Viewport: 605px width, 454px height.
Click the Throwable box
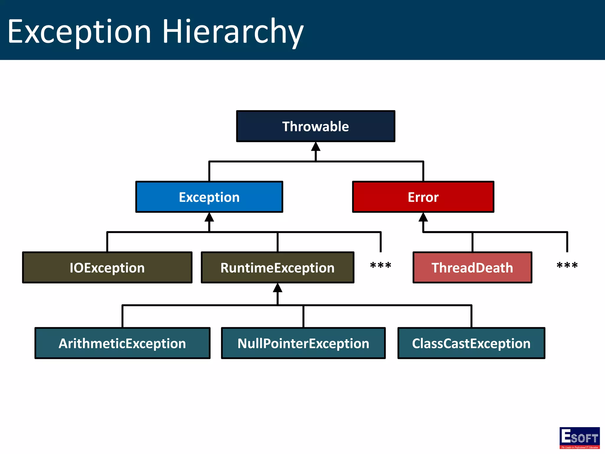(315, 126)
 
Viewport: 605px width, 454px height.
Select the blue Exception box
(209, 197)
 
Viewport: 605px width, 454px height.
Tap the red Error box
(423, 197)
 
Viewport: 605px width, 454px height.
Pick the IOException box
(107, 267)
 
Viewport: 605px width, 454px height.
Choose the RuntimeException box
(277, 267)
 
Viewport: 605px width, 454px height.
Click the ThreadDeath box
(472, 267)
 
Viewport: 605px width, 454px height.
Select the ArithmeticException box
(122, 343)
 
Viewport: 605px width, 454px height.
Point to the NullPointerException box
(303, 343)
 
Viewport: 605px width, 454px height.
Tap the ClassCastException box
(471, 343)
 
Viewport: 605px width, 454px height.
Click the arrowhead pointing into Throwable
(315, 147)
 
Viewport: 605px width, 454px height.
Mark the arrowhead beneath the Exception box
(209, 217)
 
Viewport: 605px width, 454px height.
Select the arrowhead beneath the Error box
(423, 217)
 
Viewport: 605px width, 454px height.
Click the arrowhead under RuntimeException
(277, 288)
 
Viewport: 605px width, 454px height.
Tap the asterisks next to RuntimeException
(380, 265)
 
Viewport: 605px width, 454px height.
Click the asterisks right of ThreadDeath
(567, 265)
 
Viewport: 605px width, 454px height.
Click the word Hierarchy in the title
(233, 32)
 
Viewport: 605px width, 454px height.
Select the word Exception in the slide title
(79, 32)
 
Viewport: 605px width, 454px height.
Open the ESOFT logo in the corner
(579, 438)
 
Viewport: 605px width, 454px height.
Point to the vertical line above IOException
(107, 242)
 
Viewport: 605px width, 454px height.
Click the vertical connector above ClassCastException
(471, 316)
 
